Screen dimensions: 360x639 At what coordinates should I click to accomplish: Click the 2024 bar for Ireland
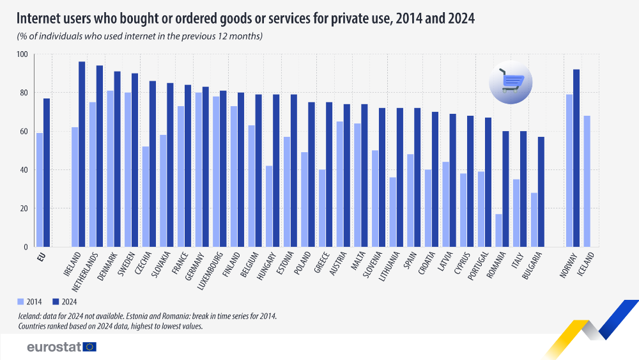coord(82,154)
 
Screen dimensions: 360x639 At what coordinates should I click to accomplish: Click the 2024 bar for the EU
coord(47,173)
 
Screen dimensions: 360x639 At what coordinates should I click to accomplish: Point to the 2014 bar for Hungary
coord(269,206)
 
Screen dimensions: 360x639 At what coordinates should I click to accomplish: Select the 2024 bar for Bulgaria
coord(541,191)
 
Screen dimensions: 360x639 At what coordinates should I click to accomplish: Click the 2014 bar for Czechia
coord(146,196)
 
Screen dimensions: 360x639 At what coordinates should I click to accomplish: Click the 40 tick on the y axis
coord(24,170)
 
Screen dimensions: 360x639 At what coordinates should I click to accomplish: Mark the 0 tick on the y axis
coord(26,247)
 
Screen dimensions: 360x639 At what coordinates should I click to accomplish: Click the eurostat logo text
coord(54,347)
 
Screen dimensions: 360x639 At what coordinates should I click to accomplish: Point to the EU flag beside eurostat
coord(89,347)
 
